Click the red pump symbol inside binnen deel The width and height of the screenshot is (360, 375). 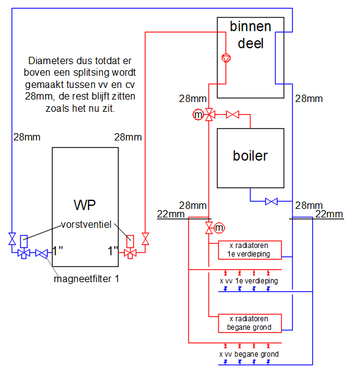(x=226, y=58)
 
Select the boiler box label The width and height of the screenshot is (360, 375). (x=250, y=156)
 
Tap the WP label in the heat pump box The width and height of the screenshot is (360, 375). (x=85, y=205)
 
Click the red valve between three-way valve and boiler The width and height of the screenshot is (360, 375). (x=232, y=115)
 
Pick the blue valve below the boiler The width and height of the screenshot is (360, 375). (x=271, y=202)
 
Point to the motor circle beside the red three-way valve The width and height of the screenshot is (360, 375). (x=198, y=115)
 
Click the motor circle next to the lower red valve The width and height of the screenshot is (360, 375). (x=219, y=228)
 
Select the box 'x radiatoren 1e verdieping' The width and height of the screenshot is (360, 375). (x=249, y=250)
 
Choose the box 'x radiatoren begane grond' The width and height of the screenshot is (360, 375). (x=249, y=323)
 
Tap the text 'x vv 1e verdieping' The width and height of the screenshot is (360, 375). (x=249, y=280)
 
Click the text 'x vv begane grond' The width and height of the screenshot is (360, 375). (x=249, y=354)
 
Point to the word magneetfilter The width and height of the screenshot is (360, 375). (x=83, y=279)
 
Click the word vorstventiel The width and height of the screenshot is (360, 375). (x=86, y=225)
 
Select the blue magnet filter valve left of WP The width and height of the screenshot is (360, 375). (x=42, y=253)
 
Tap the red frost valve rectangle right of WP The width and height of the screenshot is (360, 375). (x=130, y=241)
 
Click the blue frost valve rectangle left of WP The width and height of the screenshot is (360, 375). (x=24, y=241)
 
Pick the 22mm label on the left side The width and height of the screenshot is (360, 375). (x=171, y=214)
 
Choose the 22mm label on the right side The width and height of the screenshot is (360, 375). (x=329, y=214)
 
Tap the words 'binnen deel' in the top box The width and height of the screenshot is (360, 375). (x=251, y=35)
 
